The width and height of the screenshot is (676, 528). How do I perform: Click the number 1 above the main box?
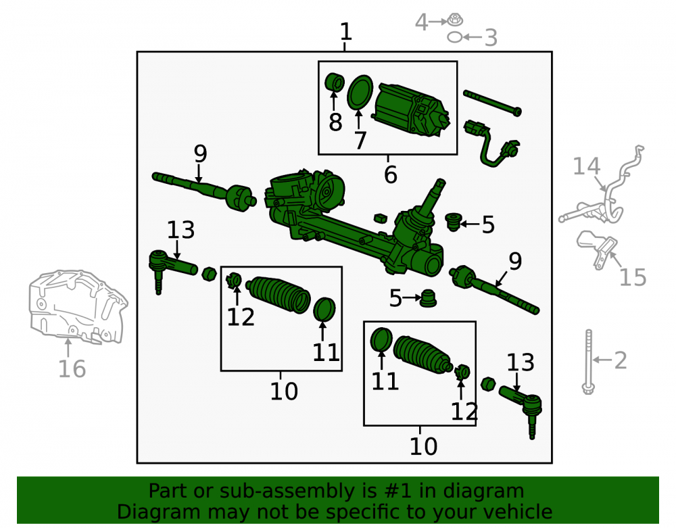point(345,32)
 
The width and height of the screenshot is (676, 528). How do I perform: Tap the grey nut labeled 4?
point(454,20)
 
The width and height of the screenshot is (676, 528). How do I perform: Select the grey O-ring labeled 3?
point(454,37)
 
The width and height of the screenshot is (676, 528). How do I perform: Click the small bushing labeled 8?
point(334,82)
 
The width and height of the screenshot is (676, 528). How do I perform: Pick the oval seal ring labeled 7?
point(360,92)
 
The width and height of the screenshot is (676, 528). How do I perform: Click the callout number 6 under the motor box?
point(390,174)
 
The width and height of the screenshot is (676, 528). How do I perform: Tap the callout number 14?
point(586,166)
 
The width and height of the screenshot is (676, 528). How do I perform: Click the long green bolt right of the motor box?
point(492,103)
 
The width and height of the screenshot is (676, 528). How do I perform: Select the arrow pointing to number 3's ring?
point(473,37)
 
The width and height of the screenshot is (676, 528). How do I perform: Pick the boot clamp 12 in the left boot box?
point(234,281)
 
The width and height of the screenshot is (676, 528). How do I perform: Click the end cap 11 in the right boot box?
point(381,339)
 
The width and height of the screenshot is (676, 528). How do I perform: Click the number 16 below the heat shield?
point(72,369)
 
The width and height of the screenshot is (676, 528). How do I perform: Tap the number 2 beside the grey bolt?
point(620,360)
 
